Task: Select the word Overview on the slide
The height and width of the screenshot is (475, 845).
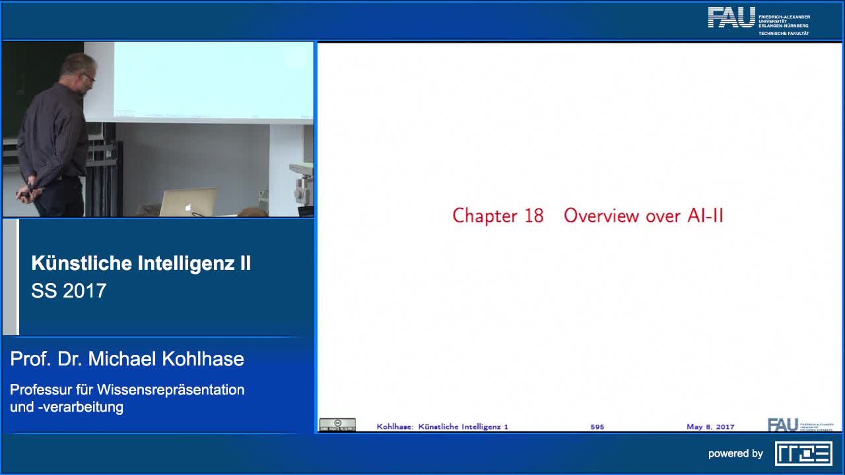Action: click(x=601, y=216)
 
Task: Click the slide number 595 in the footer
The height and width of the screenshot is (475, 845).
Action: click(x=597, y=427)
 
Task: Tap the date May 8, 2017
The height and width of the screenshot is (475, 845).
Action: click(x=710, y=427)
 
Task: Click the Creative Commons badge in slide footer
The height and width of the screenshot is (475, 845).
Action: click(x=337, y=425)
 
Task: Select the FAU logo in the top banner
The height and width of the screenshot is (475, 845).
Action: click(x=731, y=18)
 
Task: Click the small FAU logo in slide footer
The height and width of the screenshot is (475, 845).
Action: click(x=783, y=425)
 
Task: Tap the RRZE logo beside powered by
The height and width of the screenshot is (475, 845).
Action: click(x=803, y=453)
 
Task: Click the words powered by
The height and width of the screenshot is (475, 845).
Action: click(x=735, y=454)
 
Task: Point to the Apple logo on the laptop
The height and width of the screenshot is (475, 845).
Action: click(x=188, y=206)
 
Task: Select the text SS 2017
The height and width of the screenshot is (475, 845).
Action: click(x=69, y=291)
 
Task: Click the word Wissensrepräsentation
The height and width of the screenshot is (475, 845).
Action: click(x=172, y=389)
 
